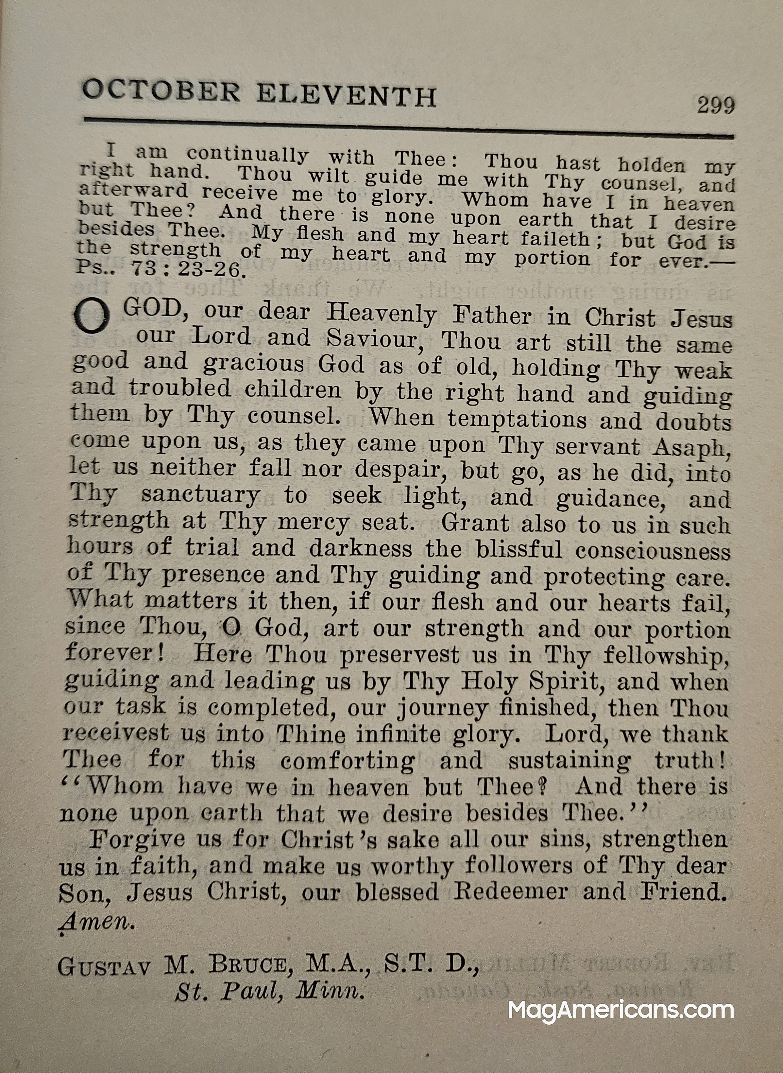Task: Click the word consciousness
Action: (x=653, y=551)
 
